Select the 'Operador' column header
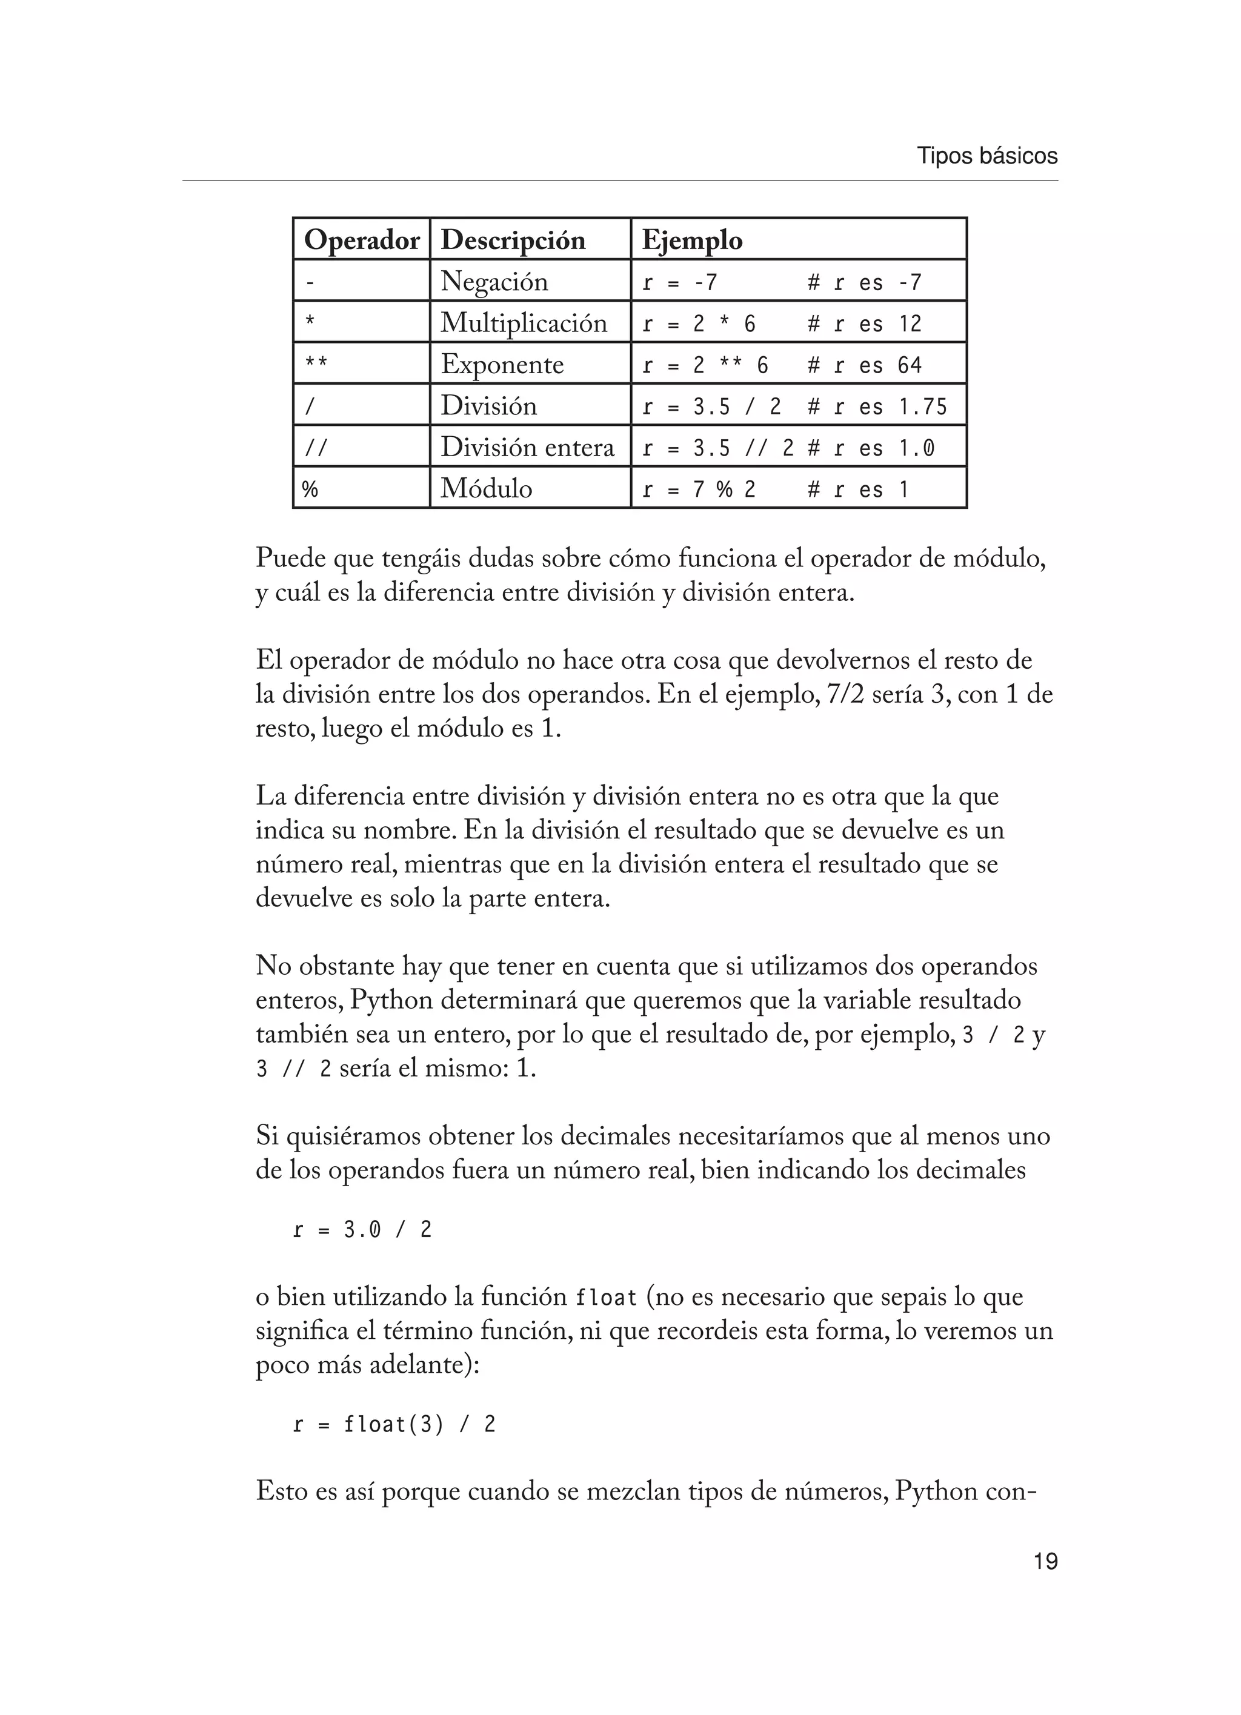tap(361, 240)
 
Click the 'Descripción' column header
tap(513, 240)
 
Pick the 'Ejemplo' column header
tap(692, 240)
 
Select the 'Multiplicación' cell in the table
tap(524, 323)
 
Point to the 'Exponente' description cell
tap(502, 365)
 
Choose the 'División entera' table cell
tap(527, 448)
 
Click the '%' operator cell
tap(310, 489)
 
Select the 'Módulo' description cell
tap(486, 489)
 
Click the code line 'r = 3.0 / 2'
tap(362, 1230)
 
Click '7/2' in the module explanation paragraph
tap(845, 695)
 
